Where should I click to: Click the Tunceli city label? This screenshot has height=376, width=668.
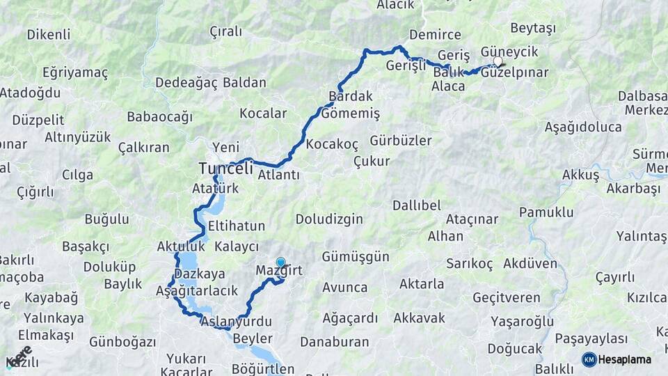pos(225,168)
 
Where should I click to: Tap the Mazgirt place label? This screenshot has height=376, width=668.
pos(278,270)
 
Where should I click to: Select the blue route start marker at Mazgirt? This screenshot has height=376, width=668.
pos(280,263)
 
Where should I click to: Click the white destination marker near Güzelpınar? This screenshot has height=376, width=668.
pos(498,62)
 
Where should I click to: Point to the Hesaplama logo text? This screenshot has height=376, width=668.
pos(625,359)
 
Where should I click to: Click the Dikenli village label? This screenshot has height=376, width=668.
pos(49,34)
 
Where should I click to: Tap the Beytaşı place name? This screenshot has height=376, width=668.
pos(533,29)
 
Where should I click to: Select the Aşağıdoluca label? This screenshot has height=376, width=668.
pos(583,127)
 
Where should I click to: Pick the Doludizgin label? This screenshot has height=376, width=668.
pos(329,219)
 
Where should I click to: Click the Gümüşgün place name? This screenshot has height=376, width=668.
pos(356,256)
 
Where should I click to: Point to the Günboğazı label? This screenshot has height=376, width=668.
pos(122,342)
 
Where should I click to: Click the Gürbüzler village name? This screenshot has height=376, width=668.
pos(401,141)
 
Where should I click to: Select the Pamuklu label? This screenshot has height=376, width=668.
pos(546,212)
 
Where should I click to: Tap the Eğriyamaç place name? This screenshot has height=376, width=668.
pos(75,72)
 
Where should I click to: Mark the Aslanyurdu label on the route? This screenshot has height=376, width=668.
pos(235,322)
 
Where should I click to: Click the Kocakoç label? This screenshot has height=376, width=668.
pos(332,144)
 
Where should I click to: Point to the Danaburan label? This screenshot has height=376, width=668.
pos(334,342)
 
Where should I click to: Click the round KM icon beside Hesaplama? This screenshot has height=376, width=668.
pos(589,359)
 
